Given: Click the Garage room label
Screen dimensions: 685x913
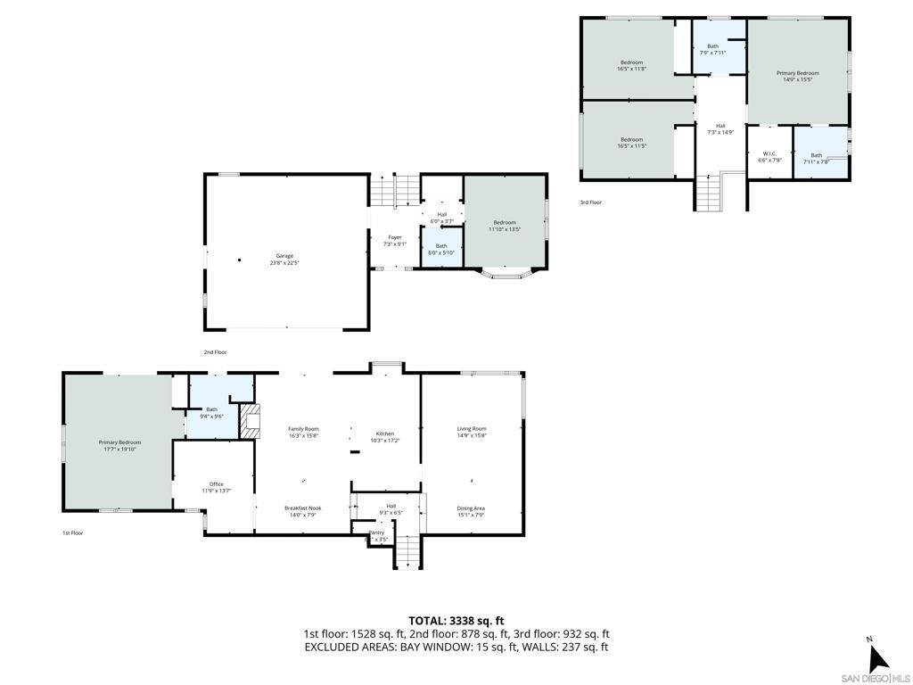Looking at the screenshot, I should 286,260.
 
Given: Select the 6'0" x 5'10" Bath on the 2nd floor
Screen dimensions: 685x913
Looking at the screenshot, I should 441,249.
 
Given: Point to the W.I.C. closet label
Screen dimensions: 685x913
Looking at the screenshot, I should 769,157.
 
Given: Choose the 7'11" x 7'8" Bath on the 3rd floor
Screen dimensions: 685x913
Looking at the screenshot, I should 816,159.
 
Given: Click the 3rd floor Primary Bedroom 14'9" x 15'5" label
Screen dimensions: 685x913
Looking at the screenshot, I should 797,77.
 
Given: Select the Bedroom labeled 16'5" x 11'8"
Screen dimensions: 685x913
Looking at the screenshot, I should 631,65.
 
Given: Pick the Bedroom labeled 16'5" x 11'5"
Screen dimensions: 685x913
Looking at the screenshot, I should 631,142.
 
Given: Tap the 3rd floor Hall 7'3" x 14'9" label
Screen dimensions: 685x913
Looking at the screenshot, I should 720,129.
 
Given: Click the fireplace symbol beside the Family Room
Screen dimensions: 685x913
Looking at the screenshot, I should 251,421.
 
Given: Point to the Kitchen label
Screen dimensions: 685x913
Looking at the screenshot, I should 384,437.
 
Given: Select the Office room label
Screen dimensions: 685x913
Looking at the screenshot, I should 217,487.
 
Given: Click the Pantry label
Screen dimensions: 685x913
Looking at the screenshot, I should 376,536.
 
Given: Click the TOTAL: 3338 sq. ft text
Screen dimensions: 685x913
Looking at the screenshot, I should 456,621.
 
